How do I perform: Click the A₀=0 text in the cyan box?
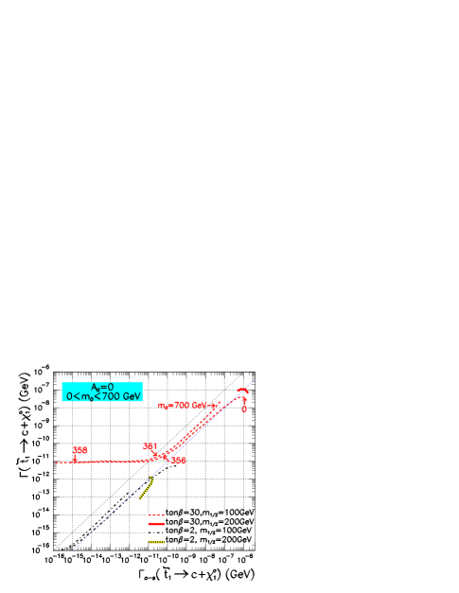pyautogui.click(x=102, y=386)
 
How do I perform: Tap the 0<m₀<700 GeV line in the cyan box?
pyautogui.click(x=102, y=395)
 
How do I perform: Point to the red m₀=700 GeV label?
pyautogui.click(x=186, y=404)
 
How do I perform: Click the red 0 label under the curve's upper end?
pyautogui.click(x=244, y=409)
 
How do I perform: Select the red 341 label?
pyautogui.click(x=150, y=445)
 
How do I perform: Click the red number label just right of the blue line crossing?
pyautogui.click(x=178, y=461)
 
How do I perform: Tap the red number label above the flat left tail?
pyautogui.click(x=80, y=450)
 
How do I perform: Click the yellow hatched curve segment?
pyautogui.click(x=145, y=490)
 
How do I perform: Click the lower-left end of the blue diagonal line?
pyautogui.click(x=75, y=548)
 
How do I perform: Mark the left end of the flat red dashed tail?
pyautogui.click(x=58, y=462)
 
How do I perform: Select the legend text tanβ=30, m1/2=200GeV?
pyautogui.click(x=211, y=521)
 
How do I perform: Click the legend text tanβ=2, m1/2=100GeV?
pyautogui.click(x=211, y=530)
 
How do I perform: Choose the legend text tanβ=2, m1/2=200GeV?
pyautogui.click(x=211, y=538)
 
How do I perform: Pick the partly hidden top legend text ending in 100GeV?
pyautogui.click(x=211, y=514)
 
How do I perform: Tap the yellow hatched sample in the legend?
pyautogui.click(x=156, y=539)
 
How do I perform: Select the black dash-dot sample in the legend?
pyautogui.click(x=156, y=531)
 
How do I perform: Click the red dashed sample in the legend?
pyautogui.click(x=156, y=515)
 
